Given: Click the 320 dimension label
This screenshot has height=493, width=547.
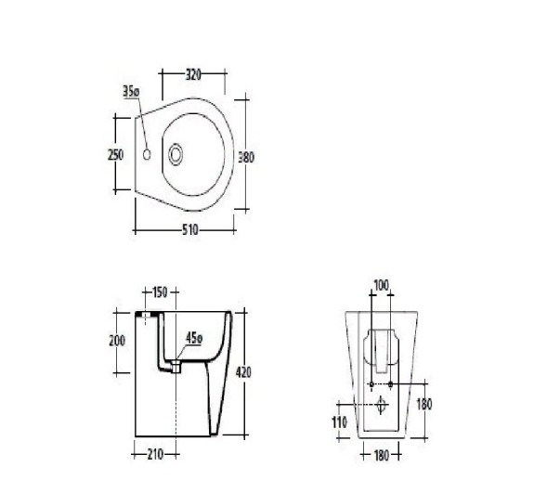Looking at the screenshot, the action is pyautogui.click(x=193, y=74).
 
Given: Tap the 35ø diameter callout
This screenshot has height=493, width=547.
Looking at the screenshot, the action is pyautogui.click(x=131, y=91).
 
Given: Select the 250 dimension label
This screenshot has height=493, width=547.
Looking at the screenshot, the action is pyautogui.click(x=115, y=154).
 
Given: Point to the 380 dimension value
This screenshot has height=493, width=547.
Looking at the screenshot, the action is pyautogui.click(x=246, y=157).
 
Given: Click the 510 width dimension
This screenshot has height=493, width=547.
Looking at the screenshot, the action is pyautogui.click(x=190, y=229).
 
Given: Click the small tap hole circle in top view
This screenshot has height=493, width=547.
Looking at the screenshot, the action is pyautogui.click(x=147, y=154).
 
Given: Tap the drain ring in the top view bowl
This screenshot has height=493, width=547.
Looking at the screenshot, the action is pyautogui.click(x=176, y=154).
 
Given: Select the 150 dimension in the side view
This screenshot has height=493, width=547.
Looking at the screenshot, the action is pyautogui.click(x=160, y=292).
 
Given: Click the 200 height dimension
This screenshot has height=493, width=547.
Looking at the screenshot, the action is pyautogui.click(x=117, y=341).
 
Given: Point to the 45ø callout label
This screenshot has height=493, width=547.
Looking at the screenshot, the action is pyautogui.click(x=194, y=338).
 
